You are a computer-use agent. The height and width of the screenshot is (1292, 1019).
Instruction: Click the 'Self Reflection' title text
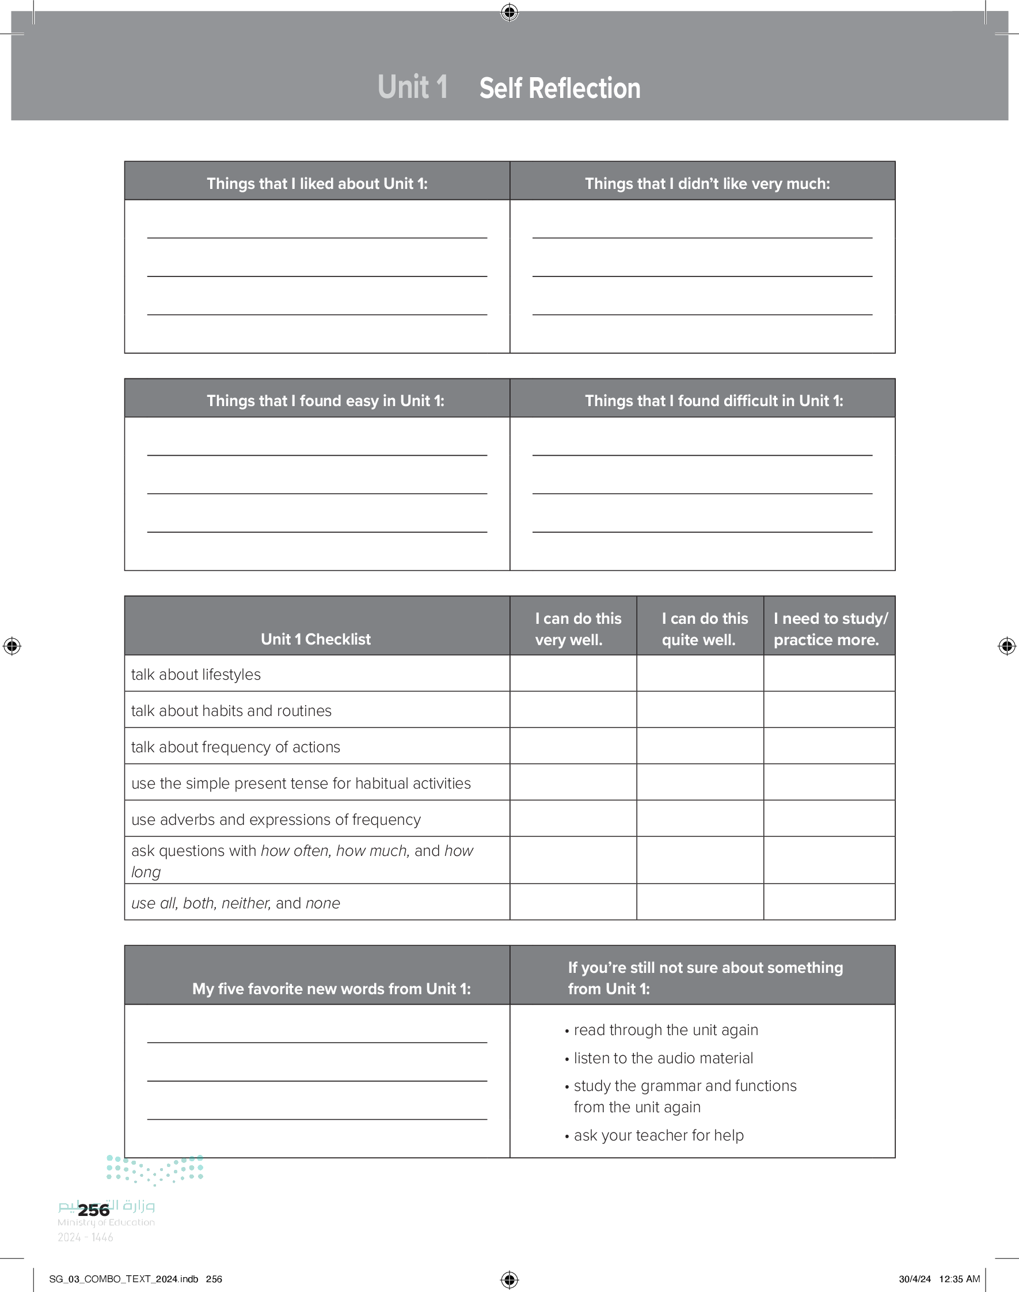click(560, 88)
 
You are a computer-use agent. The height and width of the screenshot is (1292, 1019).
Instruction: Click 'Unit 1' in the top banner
click(412, 87)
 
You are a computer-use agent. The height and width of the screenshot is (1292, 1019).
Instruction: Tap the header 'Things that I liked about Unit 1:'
click(317, 183)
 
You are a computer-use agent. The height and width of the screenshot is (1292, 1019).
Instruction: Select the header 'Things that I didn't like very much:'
click(707, 183)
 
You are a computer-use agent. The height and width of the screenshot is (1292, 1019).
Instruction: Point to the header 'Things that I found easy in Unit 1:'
click(325, 400)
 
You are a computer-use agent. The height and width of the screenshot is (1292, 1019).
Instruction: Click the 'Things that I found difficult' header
click(713, 400)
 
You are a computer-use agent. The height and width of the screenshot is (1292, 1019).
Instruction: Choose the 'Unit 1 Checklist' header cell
click(315, 639)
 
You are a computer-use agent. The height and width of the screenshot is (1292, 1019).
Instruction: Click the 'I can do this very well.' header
click(577, 628)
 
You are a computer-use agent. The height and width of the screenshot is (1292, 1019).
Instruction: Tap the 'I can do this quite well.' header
click(704, 628)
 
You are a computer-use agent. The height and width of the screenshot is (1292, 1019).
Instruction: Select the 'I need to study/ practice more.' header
click(830, 628)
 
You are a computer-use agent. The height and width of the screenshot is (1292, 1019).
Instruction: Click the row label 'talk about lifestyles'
click(196, 675)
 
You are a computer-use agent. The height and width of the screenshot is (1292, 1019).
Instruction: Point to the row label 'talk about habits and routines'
click(231, 711)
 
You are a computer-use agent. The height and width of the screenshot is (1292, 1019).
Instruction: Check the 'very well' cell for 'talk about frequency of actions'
click(573, 746)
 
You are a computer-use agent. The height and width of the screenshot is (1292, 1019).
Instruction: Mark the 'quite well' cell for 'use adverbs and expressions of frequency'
click(700, 818)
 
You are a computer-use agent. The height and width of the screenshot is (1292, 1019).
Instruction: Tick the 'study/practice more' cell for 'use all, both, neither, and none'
click(829, 901)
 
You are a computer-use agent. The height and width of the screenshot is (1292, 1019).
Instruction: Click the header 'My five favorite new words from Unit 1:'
click(331, 989)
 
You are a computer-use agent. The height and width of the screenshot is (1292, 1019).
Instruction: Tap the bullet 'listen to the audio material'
click(663, 1058)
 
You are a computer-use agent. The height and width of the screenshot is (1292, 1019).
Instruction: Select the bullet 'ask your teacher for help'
click(658, 1135)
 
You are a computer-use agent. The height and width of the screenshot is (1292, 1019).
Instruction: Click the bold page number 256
click(94, 1210)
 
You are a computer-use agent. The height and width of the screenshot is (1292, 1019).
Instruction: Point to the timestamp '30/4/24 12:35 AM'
click(939, 1279)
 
